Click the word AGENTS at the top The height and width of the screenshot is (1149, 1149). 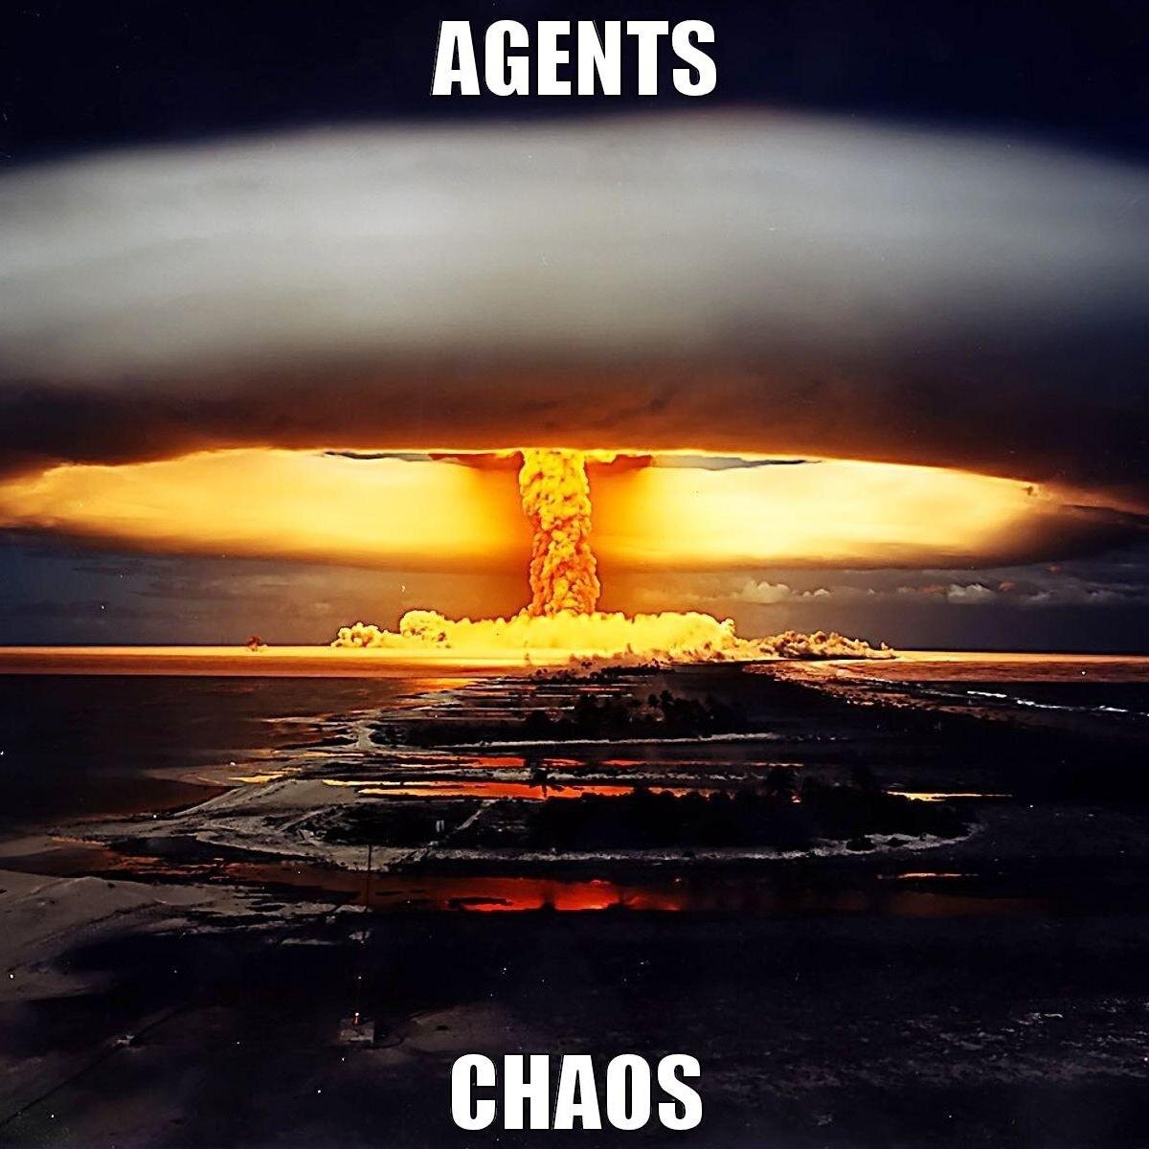(x=574, y=60)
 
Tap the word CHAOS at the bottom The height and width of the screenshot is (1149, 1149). (x=575, y=1091)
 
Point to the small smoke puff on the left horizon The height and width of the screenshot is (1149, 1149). (x=255, y=643)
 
